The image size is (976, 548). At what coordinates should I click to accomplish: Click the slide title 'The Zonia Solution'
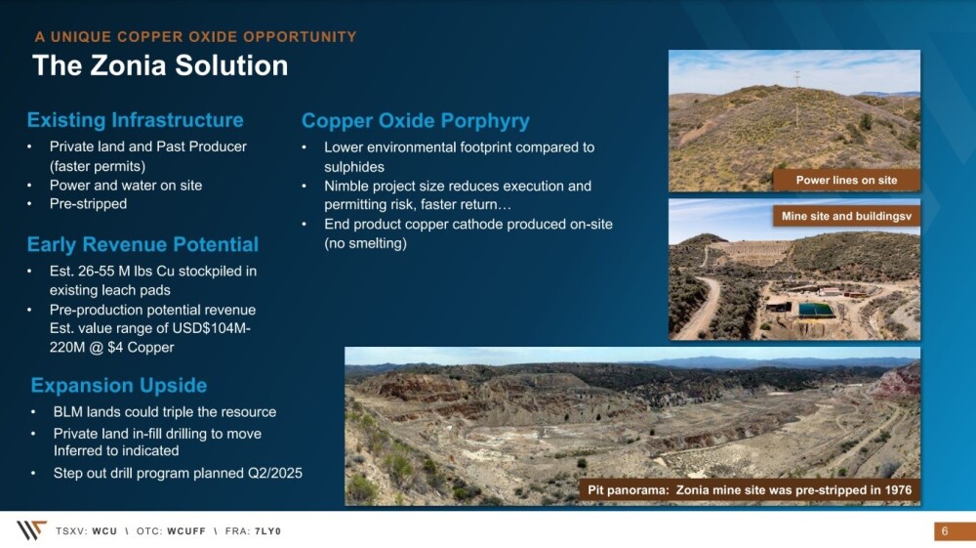[x=160, y=65]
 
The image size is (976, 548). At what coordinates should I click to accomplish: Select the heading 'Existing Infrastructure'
[x=135, y=119]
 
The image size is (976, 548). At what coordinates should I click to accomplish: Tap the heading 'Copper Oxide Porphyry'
[x=415, y=121]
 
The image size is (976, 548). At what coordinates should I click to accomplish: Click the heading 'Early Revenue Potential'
[x=142, y=244]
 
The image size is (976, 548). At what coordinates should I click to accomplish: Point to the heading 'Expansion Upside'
[x=119, y=385]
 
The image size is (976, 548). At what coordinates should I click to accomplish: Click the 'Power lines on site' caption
[x=846, y=180]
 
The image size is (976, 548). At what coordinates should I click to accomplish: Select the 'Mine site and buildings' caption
[x=846, y=216]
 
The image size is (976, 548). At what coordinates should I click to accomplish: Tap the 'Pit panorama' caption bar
[x=750, y=490]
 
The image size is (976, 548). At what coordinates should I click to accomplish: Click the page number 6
[x=944, y=531]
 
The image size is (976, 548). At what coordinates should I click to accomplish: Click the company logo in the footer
[x=30, y=530]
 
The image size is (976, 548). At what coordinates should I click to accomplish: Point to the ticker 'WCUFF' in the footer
[x=186, y=531]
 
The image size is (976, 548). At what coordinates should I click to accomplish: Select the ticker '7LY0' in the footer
[x=267, y=531]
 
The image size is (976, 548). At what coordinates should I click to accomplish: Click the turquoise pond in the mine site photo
[x=817, y=310]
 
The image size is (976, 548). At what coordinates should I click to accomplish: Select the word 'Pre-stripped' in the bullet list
[x=89, y=204]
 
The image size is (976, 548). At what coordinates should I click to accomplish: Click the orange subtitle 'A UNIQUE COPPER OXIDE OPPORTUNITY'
[x=195, y=37]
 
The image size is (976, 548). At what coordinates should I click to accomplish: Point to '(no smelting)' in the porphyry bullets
[x=365, y=243]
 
